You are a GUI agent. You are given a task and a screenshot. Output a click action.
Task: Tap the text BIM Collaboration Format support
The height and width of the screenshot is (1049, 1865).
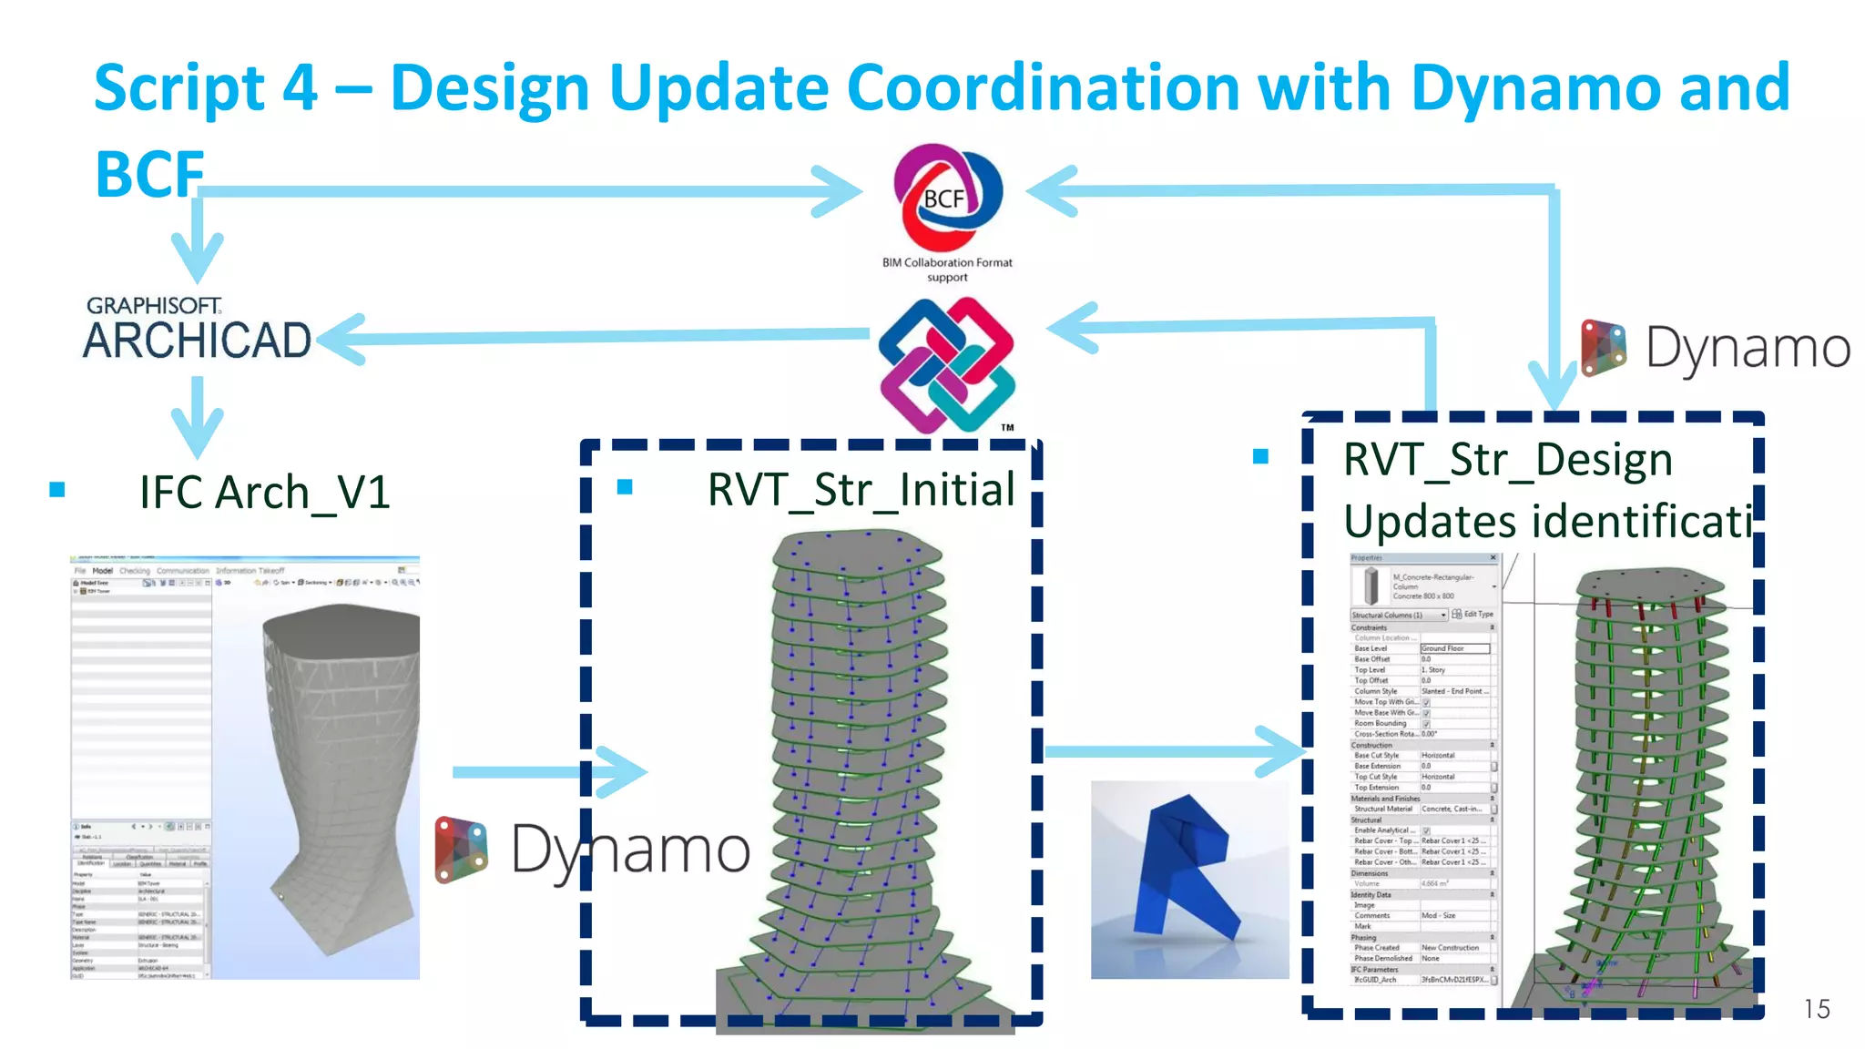pos(947,270)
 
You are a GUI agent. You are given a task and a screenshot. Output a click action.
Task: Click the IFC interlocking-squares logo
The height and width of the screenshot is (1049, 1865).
pos(946,364)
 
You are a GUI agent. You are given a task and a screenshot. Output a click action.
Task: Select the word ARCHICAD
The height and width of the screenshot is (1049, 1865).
pos(197,341)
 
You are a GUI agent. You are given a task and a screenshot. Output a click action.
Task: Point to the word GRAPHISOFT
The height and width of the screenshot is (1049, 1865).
pos(154,306)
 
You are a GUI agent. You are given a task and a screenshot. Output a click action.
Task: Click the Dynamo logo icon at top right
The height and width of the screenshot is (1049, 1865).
pos(1604,347)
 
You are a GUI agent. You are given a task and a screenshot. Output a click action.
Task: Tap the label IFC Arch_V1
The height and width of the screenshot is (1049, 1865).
pos(264,493)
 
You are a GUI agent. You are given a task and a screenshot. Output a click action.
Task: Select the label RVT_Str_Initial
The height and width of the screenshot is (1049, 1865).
pos(861,490)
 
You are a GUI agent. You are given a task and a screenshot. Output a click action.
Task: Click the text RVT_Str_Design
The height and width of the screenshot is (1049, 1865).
pos(1508,460)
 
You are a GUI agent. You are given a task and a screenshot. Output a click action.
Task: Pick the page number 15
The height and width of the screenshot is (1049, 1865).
pos(1816,1009)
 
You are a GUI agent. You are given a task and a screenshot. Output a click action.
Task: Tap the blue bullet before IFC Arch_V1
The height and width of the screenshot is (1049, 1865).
pos(57,490)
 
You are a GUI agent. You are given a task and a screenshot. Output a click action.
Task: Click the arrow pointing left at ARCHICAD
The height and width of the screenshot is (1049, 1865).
pos(341,339)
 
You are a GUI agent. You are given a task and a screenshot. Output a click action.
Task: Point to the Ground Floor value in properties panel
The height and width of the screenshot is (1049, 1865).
pos(1454,648)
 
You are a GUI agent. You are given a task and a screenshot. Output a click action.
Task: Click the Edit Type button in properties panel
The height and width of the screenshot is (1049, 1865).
pos(1473,615)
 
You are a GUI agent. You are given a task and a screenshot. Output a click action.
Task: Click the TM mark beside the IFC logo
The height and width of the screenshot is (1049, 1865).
pos(1007,427)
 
